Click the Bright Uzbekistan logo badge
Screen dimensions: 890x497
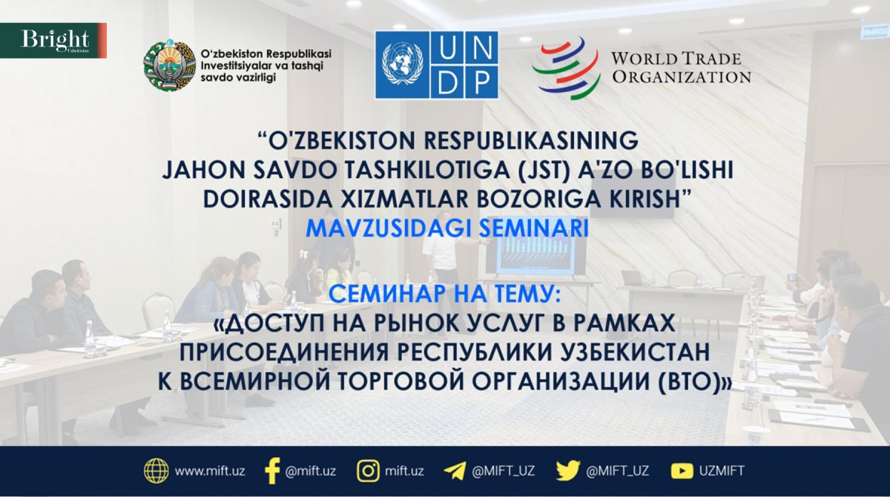coord(53,41)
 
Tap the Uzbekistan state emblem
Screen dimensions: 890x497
coord(170,65)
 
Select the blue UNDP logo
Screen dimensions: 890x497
coord(437,65)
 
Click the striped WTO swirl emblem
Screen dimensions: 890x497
coord(567,68)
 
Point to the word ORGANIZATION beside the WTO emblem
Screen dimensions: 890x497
coord(682,77)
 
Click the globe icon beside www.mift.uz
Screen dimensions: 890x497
coord(156,471)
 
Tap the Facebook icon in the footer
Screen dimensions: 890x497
coord(272,471)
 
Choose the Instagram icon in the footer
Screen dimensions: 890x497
coord(368,471)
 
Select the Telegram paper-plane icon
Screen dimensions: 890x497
coord(455,471)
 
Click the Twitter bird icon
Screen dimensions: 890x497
coord(568,471)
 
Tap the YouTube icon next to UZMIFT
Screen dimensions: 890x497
coord(682,471)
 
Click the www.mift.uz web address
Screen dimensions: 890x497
coord(210,471)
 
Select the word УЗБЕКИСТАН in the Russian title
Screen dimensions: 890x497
coord(635,352)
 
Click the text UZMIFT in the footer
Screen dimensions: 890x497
coord(722,471)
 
